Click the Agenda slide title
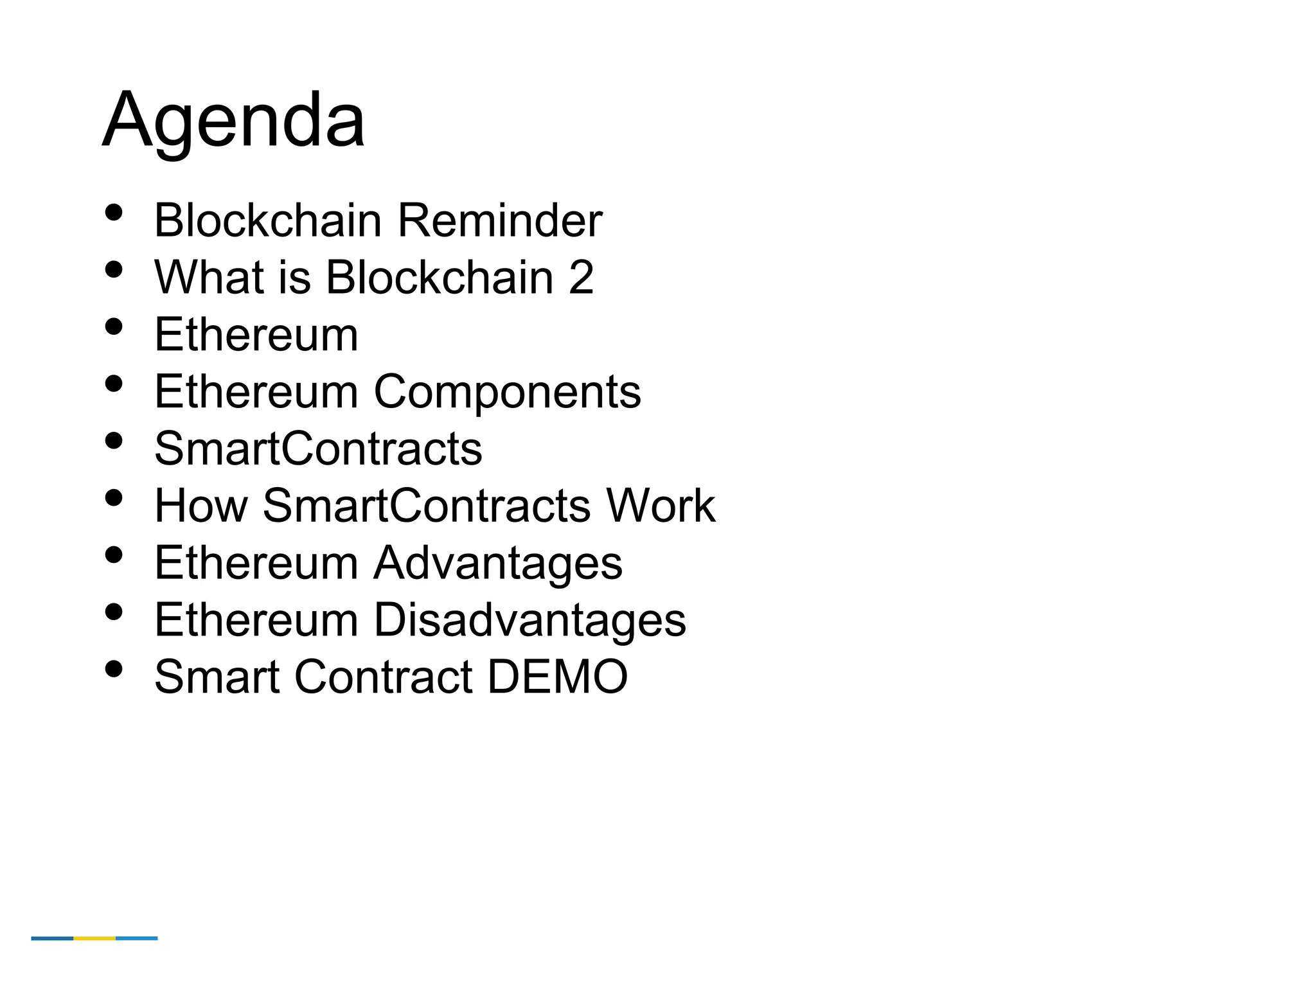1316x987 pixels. point(234,121)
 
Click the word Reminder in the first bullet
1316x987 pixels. point(500,220)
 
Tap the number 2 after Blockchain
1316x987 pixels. point(581,278)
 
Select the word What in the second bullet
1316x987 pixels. point(209,278)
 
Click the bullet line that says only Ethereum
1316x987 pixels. point(256,335)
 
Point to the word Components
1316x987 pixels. point(507,392)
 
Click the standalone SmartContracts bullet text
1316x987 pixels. point(318,449)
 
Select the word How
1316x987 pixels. point(200,506)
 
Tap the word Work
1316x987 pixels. point(661,506)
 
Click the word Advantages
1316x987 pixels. point(498,563)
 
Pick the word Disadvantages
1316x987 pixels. point(529,620)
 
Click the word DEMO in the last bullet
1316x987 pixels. point(557,677)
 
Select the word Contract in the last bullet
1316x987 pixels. point(384,677)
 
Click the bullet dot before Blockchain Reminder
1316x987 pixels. point(114,213)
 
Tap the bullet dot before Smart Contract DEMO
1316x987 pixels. point(114,669)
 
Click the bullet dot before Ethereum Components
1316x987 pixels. point(114,384)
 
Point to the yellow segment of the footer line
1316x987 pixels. point(94,938)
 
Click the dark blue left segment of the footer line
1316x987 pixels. point(52,938)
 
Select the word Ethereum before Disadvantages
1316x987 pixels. point(256,620)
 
